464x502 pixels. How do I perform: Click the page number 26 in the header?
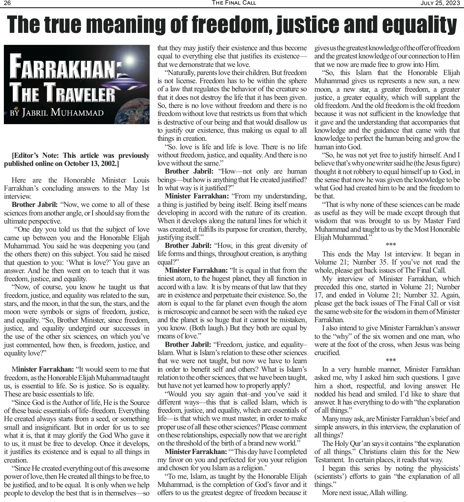[7, 3]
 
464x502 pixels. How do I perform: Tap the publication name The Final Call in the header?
[234, 3]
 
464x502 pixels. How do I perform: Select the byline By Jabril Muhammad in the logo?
[57, 113]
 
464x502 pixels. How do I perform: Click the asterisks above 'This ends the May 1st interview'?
[391, 245]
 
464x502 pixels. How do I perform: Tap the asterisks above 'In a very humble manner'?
[391, 361]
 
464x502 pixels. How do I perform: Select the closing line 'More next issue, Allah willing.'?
[365, 493]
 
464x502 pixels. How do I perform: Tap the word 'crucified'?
[327, 353]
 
